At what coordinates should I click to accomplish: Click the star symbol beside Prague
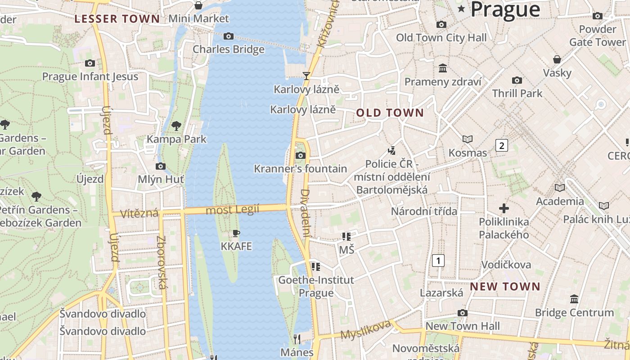pyautogui.click(x=461, y=9)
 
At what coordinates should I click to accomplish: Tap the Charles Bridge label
pyautogui.click(x=229, y=49)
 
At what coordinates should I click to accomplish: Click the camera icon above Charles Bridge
pyautogui.click(x=229, y=36)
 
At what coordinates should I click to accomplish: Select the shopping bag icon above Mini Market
pyautogui.click(x=198, y=5)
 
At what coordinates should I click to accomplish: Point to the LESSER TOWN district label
pyautogui.click(x=117, y=19)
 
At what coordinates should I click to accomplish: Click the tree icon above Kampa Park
pyautogui.click(x=176, y=126)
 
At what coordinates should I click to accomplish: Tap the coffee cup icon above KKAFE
pyautogui.click(x=236, y=233)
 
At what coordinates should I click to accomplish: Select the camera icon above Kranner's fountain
pyautogui.click(x=300, y=156)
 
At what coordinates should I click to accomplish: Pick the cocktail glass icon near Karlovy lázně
pyautogui.click(x=306, y=76)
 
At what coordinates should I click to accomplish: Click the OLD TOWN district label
pyautogui.click(x=390, y=113)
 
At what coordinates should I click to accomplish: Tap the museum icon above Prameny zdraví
pyautogui.click(x=443, y=68)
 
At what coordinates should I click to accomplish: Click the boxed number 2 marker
pyautogui.click(x=501, y=145)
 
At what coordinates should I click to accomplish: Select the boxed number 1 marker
pyautogui.click(x=438, y=260)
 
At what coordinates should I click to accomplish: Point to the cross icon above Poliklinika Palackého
pyautogui.click(x=504, y=208)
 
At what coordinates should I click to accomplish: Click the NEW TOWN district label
pyautogui.click(x=505, y=287)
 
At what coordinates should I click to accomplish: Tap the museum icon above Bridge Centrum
pyautogui.click(x=574, y=299)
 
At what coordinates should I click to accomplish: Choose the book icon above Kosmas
pyautogui.click(x=468, y=139)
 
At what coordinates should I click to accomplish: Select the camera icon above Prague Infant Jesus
pyautogui.click(x=90, y=63)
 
